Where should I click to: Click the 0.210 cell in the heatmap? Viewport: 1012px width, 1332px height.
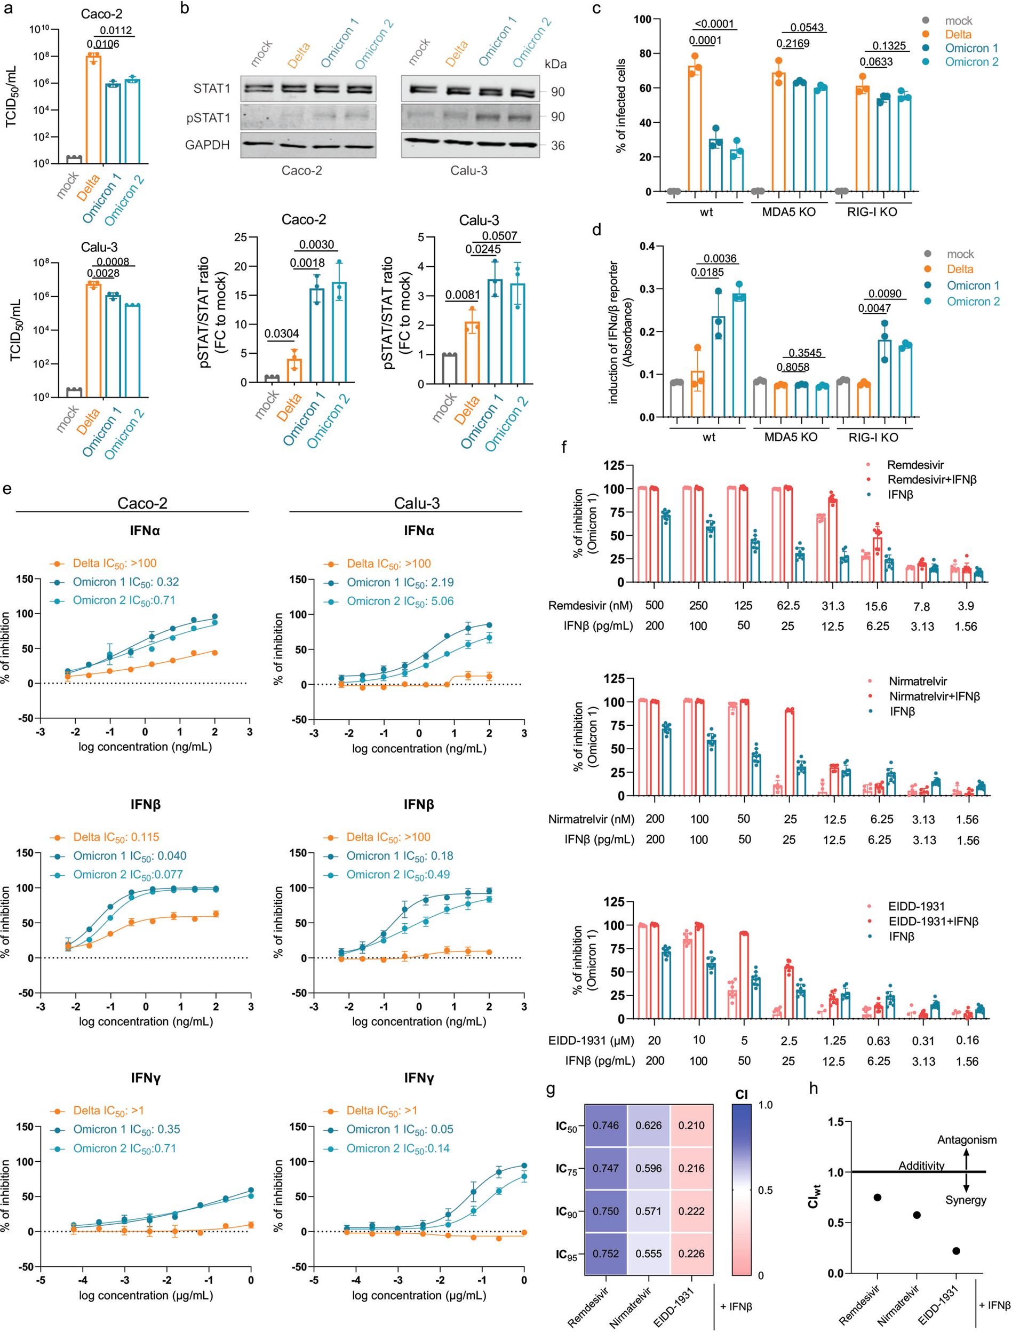point(691,1125)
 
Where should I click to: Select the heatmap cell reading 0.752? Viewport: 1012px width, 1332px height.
point(605,1253)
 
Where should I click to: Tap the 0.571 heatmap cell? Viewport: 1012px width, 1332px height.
point(648,1211)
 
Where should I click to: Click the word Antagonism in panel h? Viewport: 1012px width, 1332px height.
point(966,1139)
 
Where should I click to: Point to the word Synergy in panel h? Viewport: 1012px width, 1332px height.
point(965,1200)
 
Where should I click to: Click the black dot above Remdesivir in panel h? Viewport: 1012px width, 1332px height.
point(878,1197)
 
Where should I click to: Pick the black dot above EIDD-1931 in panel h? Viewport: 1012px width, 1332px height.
point(956,1251)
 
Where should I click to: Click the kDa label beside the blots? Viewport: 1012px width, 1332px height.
point(555,64)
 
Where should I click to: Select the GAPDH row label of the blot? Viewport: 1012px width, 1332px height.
point(207,145)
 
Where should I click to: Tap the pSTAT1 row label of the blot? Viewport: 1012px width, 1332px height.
point(208,117)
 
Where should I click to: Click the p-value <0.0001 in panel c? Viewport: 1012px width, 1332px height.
point(714,24)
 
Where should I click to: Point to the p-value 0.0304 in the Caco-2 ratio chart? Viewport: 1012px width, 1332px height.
point(281,333)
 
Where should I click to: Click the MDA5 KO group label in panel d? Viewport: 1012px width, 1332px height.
point(790,437)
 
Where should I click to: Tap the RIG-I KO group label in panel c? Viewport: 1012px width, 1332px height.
point(872,212)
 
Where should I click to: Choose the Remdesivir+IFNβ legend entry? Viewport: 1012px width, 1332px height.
point(931,480)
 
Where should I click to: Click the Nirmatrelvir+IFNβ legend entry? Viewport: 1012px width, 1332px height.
point(934,696)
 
